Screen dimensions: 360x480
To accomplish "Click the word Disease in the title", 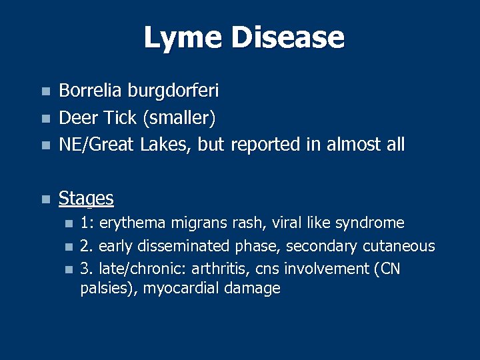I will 287,38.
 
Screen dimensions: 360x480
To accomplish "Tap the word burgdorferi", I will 165,91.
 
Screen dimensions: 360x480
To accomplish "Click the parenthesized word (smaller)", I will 179,118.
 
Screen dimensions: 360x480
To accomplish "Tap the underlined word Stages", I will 86,199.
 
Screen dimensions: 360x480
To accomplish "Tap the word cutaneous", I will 399,246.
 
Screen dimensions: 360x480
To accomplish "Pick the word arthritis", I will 237,269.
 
